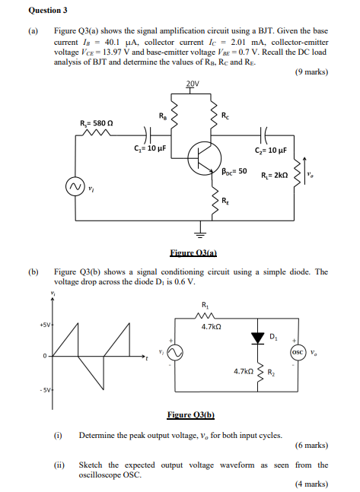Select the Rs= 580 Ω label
point(97,123)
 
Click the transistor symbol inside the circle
point(203,157)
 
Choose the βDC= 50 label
point(233,172)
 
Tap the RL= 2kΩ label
point(273,175)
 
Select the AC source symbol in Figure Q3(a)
point(75,187)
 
